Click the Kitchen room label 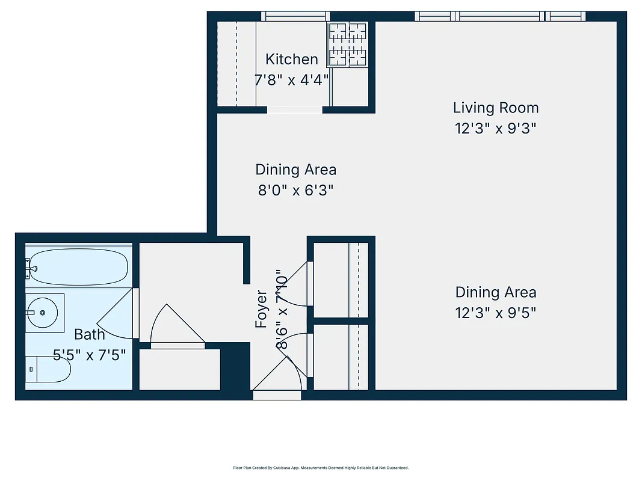(292, 59)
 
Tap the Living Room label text (495, 108)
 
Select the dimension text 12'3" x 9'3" (495, 128)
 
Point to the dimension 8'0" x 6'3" (295, 191)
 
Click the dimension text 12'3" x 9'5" (495, 313)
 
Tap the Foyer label (261, 309)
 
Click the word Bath (90, 334)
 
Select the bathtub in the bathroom (78, 268)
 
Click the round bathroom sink (43, 313)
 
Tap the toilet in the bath (48, 369)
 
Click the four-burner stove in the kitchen (348, 44)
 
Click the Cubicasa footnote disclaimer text (321, 467)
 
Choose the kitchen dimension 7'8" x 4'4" (292, 79)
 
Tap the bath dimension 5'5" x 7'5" (90, 355)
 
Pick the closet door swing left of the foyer (176, 328)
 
